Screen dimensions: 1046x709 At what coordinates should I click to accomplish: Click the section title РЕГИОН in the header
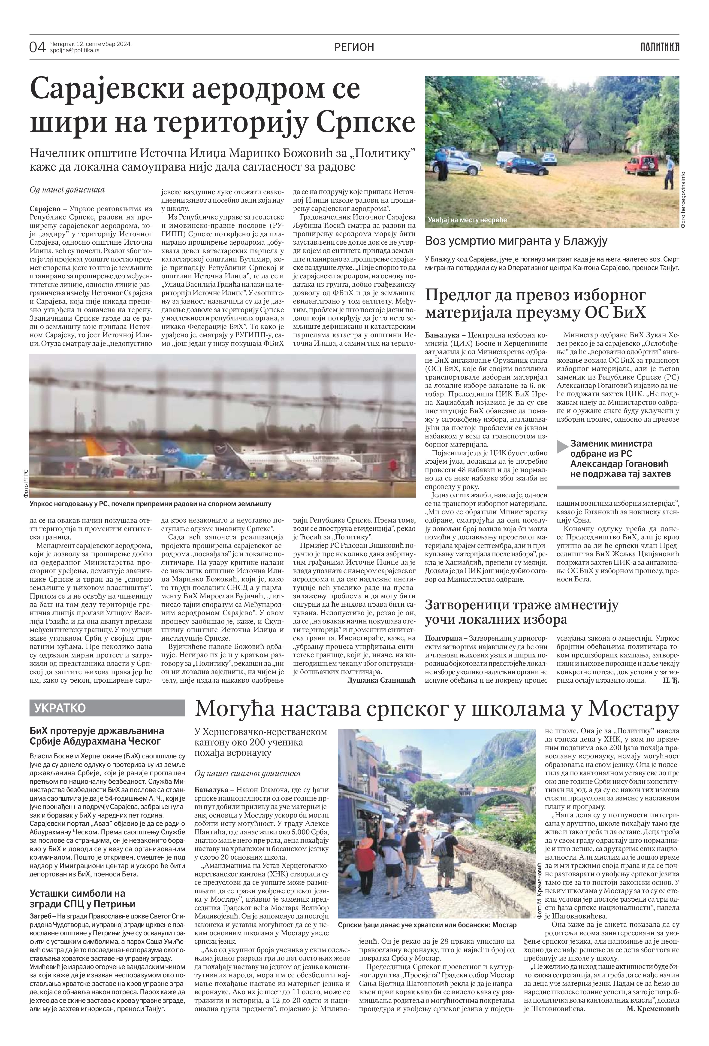(354, 47)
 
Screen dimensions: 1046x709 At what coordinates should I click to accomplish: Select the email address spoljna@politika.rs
(75, 50)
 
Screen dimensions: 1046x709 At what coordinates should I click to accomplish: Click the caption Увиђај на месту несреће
(468, 220)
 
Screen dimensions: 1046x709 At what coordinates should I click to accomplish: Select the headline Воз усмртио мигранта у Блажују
(516, 241)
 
